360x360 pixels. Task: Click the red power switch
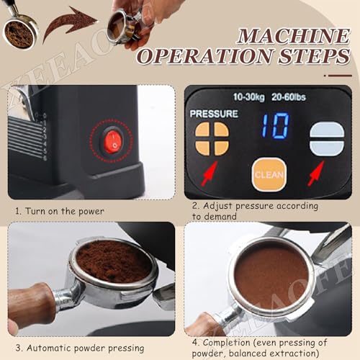pos(112,140)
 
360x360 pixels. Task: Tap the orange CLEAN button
pos(269,174)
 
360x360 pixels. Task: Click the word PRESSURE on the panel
pos(213,114)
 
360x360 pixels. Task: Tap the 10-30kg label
pos(250,96)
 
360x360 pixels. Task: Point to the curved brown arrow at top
pos(71,22)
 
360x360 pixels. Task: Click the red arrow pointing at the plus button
pos(210,173)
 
